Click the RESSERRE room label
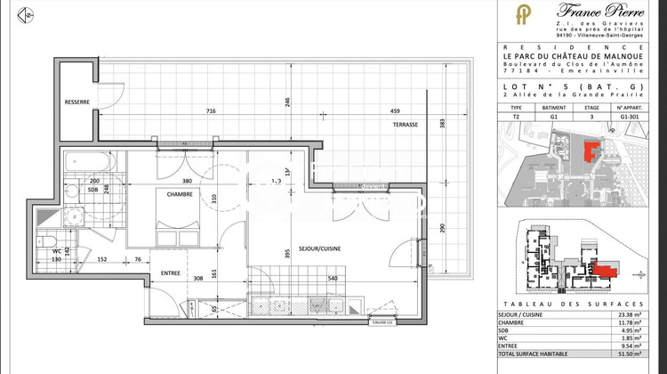coord(77,102)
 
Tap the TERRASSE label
coord(406,125)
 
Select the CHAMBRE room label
coord(181,192)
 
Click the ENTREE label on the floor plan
coord(171,272)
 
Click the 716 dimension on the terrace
coord(211,111)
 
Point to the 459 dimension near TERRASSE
coord(393,111)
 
